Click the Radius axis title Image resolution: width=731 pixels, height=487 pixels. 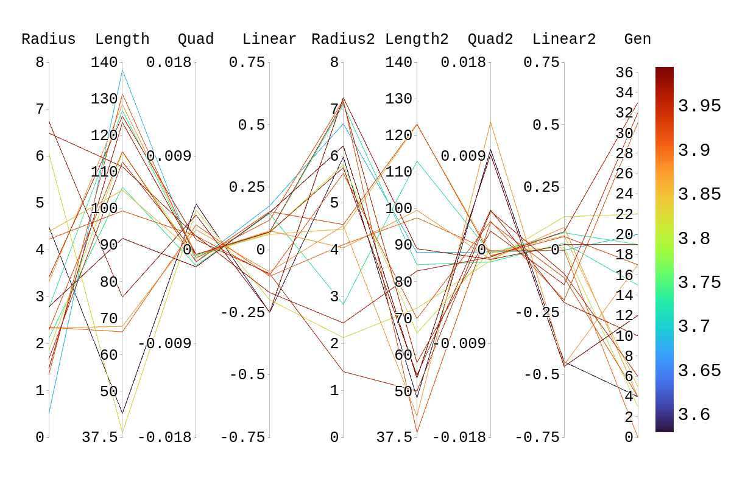tap(49, 40)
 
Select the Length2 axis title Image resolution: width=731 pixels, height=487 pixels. tap(417, 40)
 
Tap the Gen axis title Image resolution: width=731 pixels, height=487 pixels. tap(638, 40)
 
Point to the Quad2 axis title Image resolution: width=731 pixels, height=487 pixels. tap(490, 40)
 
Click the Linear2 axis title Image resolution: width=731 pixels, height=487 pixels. tap(564, 40)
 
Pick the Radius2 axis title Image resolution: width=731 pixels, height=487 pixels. tap(343, 40)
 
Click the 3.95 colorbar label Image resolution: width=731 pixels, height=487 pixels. tap(699, 106)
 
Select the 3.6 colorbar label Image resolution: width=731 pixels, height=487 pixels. tap(694, 415)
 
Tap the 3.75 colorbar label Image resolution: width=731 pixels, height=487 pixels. tap(699, 282)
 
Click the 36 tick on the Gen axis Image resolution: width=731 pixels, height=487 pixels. tap(624, 72)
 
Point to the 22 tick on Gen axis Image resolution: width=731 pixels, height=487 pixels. tap(624, 214)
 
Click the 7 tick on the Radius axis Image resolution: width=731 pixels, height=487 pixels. tap(40, 109)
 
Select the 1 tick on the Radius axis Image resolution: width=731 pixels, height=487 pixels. tap(40, 390)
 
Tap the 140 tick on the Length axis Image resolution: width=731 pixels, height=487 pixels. tap(104, 62)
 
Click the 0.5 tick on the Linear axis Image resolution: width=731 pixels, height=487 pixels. tap(252, 125)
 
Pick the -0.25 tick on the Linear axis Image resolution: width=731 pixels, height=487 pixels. tap(243, 312)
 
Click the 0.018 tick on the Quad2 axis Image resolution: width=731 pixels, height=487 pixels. tap(464, 62)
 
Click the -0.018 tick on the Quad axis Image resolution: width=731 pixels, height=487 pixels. tap(164, 437)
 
